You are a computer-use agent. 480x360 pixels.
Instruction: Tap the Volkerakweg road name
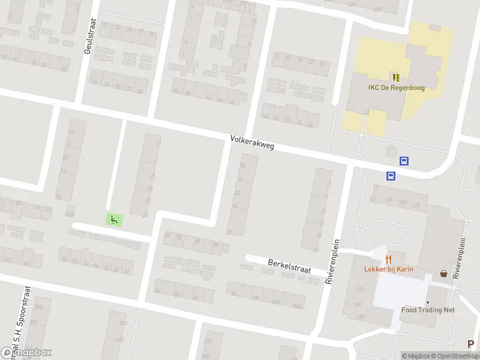coord(252,143)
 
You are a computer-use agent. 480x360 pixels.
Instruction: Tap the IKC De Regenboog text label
coord(395,88)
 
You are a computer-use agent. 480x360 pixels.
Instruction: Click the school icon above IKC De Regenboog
coord(395,77)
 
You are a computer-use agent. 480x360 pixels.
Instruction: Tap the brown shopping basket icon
coord(443,273)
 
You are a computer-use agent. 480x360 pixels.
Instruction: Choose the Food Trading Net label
coord(428,310)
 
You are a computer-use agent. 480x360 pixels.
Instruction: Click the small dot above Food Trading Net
coord(428,302)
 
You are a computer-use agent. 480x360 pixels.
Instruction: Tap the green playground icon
coord(113,220)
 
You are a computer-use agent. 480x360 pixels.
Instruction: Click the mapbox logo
coord(26,353)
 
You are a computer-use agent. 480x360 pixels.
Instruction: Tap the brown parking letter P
coord(471,344)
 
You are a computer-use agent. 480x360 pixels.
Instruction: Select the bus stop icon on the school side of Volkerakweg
coord(405,161)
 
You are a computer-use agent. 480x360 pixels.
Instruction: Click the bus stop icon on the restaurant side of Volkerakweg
coord(391,176)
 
